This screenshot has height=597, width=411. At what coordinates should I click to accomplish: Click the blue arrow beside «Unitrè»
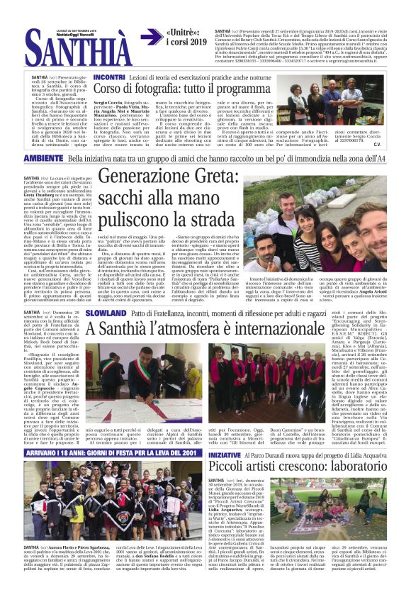tap(152, 38)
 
